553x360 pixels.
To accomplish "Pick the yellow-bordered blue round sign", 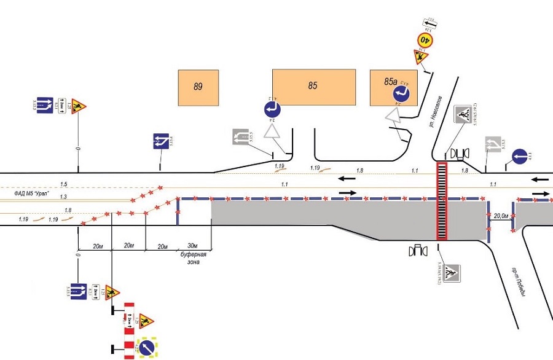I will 147,348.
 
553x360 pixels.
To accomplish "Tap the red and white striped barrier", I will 129,332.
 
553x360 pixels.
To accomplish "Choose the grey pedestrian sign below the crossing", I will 452,272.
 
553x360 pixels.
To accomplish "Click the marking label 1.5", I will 64,184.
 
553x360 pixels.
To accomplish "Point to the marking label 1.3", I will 64,196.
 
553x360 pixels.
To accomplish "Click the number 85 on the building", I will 313,85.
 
